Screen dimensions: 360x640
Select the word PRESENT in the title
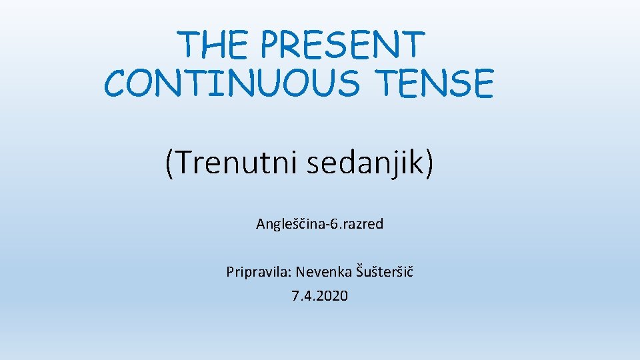click(342, 45)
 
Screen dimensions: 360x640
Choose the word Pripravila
click(257, 272)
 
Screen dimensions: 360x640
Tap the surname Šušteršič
click(385, 271)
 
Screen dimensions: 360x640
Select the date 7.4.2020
click(320, 296)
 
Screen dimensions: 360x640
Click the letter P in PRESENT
click(270, 45)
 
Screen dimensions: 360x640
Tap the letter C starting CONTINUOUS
click(116, 85)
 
